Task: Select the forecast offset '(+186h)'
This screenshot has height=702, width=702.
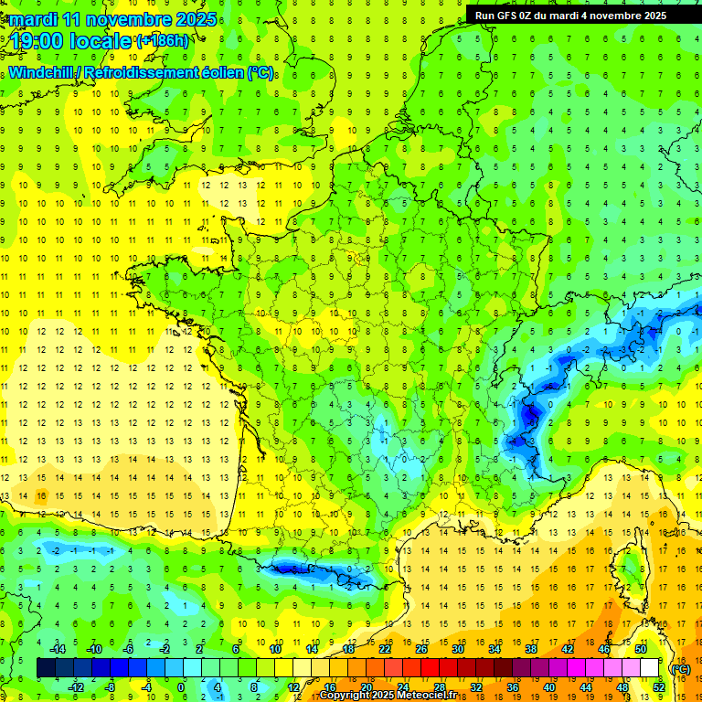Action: coord(162,41)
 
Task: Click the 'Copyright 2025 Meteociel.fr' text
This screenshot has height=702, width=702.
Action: coord(394,695)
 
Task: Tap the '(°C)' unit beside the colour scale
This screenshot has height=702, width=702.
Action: coord(680,669)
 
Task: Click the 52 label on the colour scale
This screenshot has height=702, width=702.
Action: coord(659,686)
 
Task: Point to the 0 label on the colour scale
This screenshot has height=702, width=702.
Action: coord(181,686)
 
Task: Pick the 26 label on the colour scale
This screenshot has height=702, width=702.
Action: coord(421,649)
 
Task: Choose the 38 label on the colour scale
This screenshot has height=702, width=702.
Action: coord(530,649)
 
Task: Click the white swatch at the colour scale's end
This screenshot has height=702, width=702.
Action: coord(649,667)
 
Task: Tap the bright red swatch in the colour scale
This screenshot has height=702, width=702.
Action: coord(431,667)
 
